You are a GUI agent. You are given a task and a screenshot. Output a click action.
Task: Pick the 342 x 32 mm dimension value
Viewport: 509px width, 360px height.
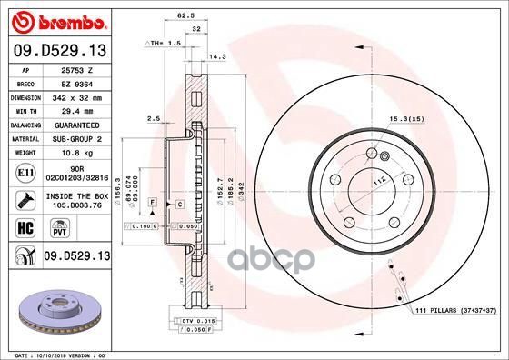75,95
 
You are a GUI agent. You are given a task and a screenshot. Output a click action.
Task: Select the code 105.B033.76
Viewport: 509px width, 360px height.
75,205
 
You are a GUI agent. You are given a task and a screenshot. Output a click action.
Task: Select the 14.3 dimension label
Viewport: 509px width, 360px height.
244,56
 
